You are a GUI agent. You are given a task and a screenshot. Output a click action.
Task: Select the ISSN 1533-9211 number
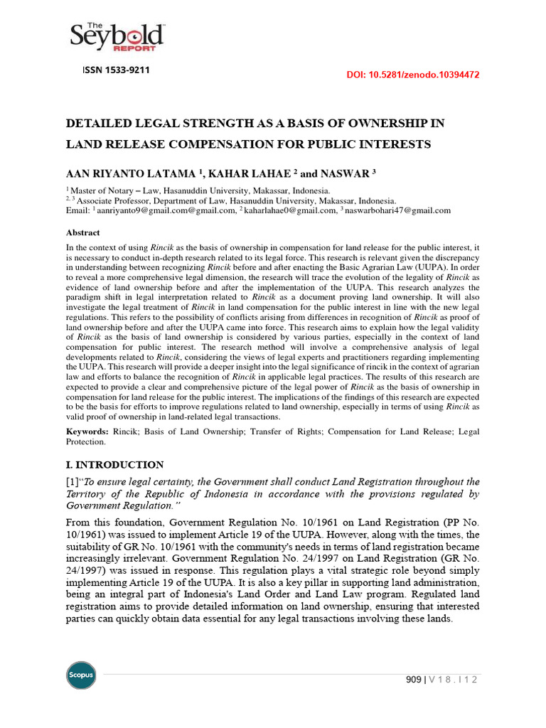click(117, 70)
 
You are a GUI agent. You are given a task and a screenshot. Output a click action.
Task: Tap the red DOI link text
click(412, 74)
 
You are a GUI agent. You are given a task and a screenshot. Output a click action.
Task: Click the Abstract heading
click(83, 232)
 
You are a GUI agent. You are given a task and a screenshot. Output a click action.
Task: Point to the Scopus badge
click(80, 675)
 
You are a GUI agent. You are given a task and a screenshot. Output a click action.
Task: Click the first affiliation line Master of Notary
click(199, 191)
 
